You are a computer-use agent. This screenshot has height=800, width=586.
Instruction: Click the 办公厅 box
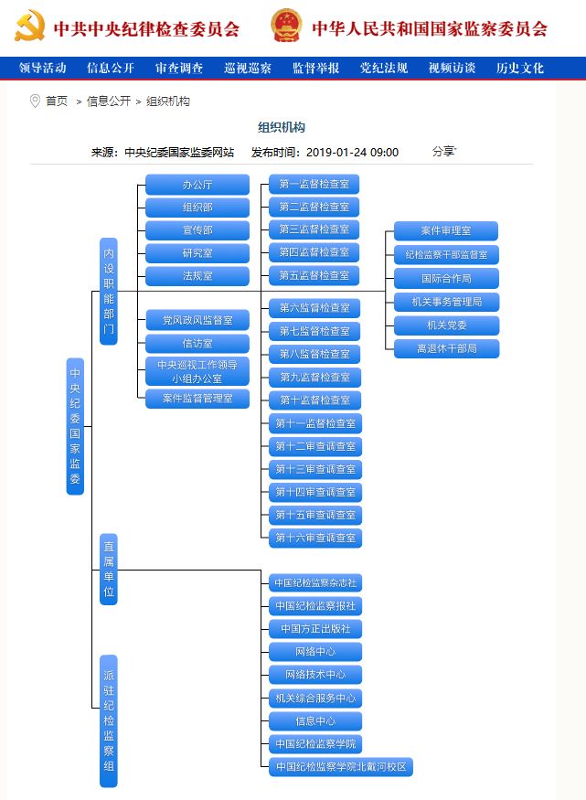[197, 185]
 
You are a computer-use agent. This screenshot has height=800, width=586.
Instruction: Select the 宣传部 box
[197, 230]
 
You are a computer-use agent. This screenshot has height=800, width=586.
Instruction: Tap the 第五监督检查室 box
[314, 275]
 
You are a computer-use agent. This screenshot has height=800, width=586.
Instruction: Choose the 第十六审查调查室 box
[315, 538]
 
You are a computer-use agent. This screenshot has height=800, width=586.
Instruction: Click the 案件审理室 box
[446, 230]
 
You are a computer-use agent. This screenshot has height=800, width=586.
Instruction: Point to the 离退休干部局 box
[446, 348]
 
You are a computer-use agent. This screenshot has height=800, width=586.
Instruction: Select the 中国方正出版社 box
[315, 629]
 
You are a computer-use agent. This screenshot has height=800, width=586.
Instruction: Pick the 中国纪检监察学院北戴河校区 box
[341, 767]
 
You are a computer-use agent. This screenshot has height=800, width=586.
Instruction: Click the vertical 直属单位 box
[109, 570]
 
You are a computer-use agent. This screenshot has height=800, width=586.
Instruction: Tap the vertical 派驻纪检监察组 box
[109, 721]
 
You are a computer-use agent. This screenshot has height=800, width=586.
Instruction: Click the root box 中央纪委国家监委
[75, 426]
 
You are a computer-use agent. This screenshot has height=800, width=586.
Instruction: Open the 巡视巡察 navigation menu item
[248, 68]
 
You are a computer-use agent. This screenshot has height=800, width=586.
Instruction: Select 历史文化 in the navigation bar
[519, 68]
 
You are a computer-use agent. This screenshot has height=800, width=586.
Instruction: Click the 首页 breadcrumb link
[57, 101]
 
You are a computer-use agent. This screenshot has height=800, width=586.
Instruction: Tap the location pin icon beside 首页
[35, 101]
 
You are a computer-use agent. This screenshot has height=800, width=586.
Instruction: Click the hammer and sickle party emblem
[29, 26]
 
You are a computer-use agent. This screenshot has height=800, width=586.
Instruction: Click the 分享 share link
[444, 152]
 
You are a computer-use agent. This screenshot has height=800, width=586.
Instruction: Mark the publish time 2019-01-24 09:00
[352, 152]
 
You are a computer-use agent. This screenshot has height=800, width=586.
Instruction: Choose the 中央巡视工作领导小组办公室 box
[197, 371]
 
